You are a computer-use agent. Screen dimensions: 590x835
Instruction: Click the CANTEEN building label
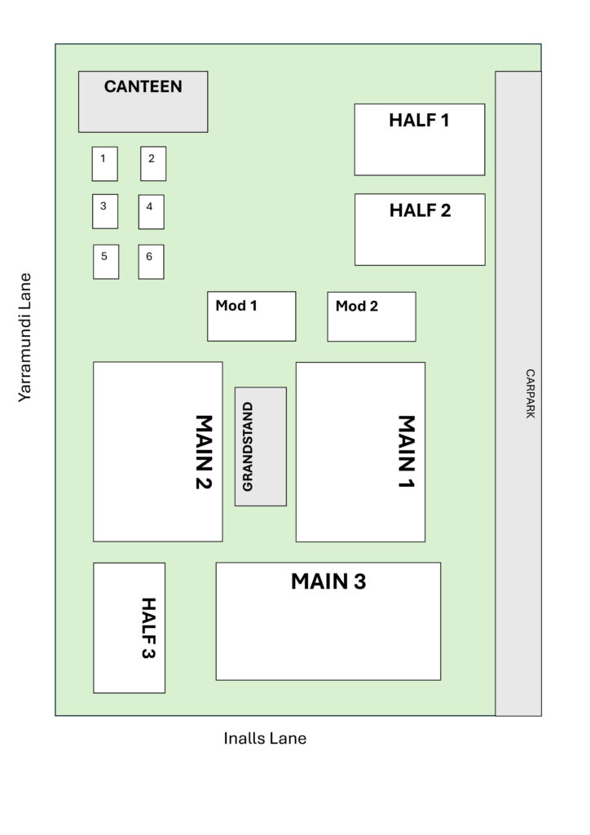click(x=143, y=86)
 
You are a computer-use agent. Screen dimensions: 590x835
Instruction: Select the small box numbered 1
click(x=105, y=164)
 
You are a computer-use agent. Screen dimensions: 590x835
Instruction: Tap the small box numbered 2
click(x=153, y=163)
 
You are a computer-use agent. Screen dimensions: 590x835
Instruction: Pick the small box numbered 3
click(x=105, y=211)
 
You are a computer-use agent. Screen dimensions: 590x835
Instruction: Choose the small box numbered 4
click(x=151, y=212)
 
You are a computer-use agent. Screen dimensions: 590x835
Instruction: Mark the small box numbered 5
click(x=106, y=262)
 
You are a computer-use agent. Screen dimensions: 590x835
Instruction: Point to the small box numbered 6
click(x=151, y=262)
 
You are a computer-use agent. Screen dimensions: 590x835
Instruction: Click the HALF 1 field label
click(x=419, y=121)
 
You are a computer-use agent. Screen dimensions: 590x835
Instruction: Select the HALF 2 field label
click(x=420, y=210)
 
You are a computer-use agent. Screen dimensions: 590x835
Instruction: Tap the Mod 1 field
click(x=252, y=316)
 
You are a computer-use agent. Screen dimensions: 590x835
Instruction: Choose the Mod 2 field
click(x=372, y=317)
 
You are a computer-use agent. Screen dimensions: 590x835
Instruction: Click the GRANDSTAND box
click(x=261, y=447)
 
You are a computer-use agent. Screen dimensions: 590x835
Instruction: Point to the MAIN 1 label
click(x=407, y=452)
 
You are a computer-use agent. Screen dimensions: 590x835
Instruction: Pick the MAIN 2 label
click(x=205, y=452)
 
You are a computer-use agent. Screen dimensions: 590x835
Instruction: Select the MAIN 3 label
click(x=328, y=581)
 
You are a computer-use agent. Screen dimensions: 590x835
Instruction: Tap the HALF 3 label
click(x=148, y=628)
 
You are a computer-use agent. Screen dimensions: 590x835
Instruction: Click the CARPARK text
click(x=531, y=394)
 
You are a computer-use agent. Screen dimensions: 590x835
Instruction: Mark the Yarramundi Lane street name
click(x=25, y=338)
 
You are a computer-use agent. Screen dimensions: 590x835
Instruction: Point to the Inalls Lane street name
click(x=265, y=739)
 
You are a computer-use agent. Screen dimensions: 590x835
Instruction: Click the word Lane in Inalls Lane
click(x=288, y=739)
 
